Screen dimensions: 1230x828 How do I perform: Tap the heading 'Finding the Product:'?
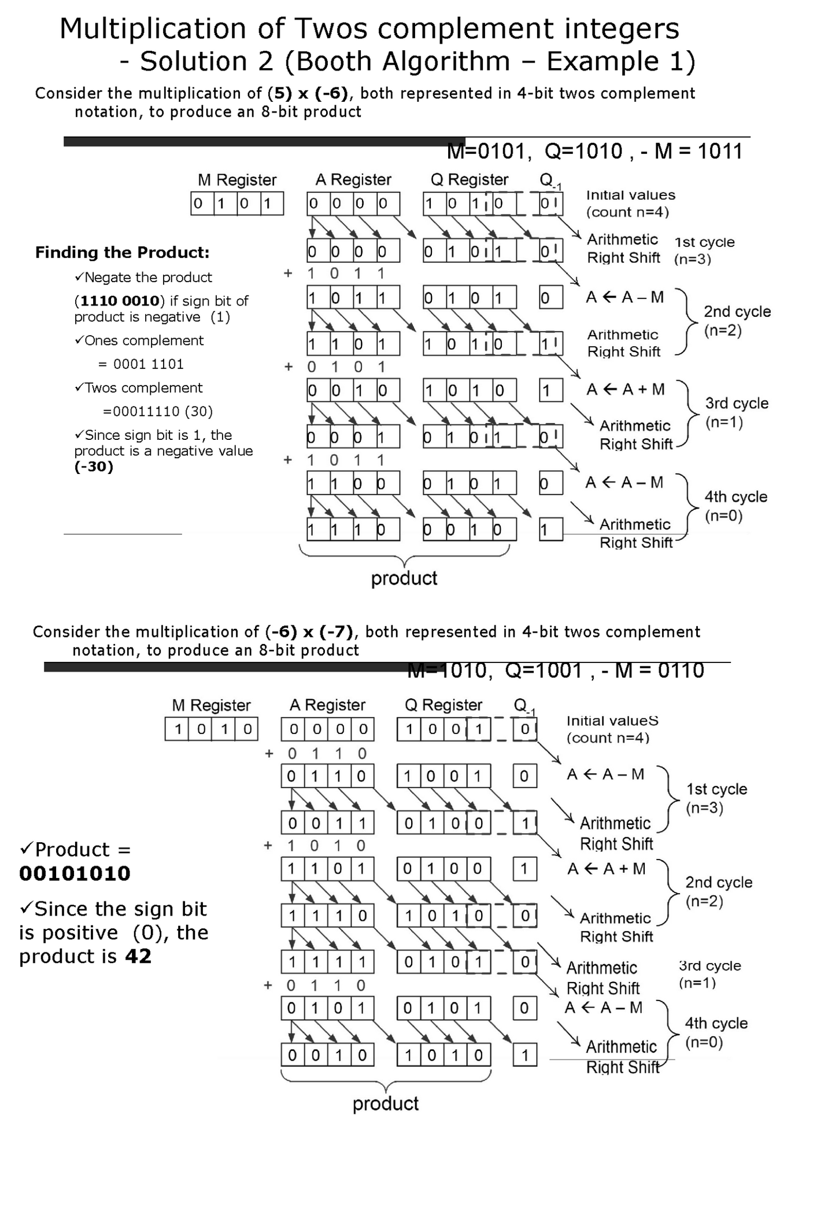[x=122, y=253]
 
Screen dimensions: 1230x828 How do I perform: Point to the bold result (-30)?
[x=94, y=467]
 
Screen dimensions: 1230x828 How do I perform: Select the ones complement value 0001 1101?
[x=149, y=364]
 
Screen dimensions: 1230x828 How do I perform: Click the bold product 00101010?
[x=75, y=873]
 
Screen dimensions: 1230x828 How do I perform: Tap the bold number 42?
[x=138, y=957]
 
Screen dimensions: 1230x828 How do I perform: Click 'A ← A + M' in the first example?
[x=625, y=390]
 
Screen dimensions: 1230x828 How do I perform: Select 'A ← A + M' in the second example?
[x=606, y=869]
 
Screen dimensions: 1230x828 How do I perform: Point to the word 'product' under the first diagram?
[x=404, y=578]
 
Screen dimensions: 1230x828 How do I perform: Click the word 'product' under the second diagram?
[x=386, y=1103]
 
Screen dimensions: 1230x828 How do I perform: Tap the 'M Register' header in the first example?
[x=237, y=180]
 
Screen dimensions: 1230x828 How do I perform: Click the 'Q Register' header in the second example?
[x=443, y=705]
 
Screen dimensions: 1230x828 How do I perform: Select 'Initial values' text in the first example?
[x=630, y=195]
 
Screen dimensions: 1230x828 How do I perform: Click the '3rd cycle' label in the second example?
[x=709, y=966]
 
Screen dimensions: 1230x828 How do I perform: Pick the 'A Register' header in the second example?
[x=327, y=705]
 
